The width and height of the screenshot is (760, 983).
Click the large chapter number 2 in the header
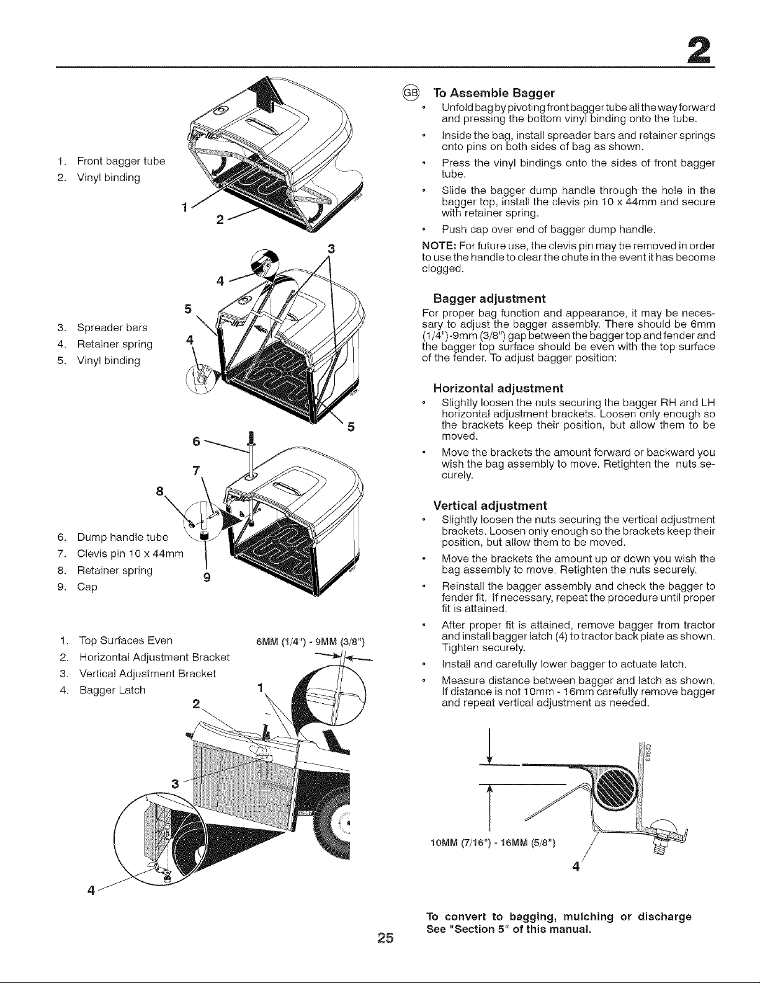click(699, 50)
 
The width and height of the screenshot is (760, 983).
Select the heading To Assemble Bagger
click(494, 93)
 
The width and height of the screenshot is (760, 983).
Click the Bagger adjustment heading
click(490, 298)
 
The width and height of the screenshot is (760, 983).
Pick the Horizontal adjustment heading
click(498, 388)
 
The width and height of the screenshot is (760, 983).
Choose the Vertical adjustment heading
click(490, 505)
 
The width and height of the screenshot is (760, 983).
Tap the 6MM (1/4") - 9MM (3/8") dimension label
click(310, 643)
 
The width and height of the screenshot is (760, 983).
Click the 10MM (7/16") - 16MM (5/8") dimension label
click(493, 842)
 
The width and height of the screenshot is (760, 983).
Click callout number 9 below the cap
click(207, 577)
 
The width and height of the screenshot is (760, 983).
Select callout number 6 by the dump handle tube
click(196, 442)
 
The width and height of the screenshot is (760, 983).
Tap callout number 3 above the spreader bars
click(331, 249)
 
